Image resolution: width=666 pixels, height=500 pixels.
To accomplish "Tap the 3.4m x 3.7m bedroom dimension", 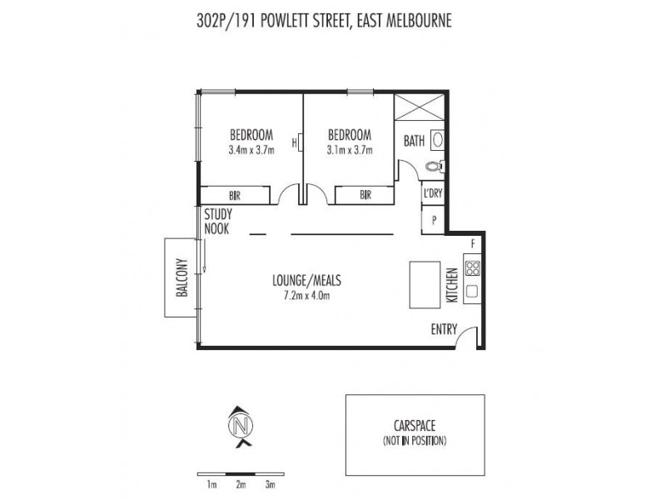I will point(251,151).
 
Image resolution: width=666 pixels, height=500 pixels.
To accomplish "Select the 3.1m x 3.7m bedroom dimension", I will point(349,151).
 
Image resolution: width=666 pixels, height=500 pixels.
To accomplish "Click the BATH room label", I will point(415,141).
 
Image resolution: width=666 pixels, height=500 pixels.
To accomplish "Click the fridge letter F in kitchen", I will point(472,243).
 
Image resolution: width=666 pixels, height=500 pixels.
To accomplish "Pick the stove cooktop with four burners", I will point(472,268).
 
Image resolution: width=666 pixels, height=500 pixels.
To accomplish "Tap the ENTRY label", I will point(443,329).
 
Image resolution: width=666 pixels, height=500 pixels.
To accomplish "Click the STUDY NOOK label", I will point(218,221).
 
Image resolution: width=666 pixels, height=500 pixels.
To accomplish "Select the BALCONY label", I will point(181,277).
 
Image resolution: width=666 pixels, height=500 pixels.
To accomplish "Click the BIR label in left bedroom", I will point(235,195).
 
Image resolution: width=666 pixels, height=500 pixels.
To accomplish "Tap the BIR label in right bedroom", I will point(365,195).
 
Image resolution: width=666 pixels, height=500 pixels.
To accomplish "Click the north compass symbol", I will point(241,427).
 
